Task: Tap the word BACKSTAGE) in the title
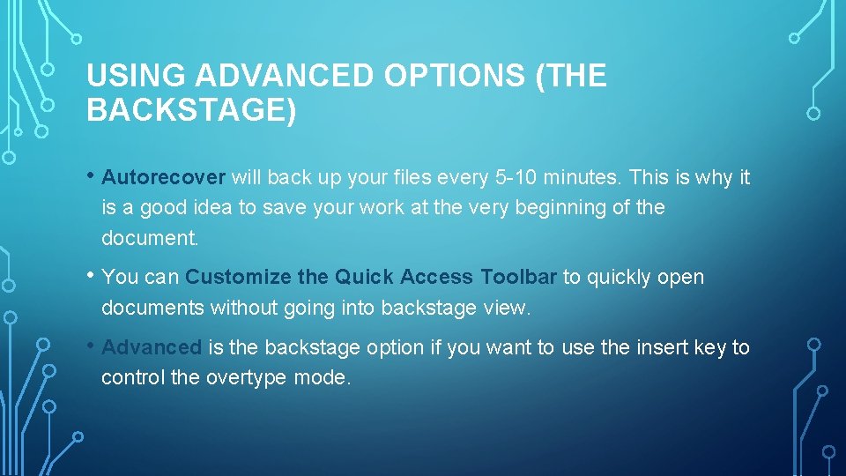pos(191,110)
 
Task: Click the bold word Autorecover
pos(164,177)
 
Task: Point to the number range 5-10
pos(514,177)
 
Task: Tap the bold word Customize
pos(238,277)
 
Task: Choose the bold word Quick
pos(363,277)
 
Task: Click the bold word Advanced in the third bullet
pos(152,347)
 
